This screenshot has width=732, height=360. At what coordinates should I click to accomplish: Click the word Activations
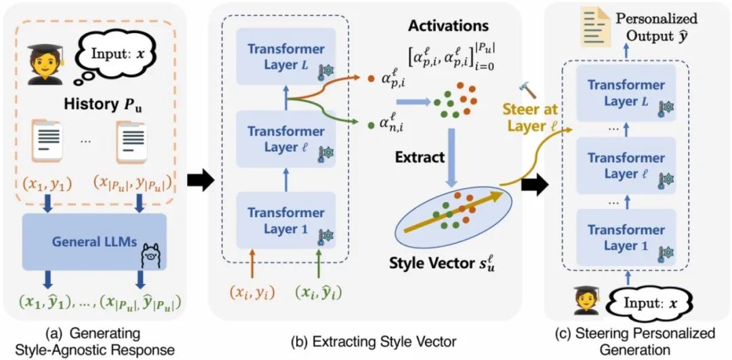447,26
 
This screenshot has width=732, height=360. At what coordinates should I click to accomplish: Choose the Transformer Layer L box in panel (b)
287,57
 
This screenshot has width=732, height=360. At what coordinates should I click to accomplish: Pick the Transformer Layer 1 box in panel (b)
287,219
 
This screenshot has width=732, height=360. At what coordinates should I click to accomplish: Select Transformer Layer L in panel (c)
626,94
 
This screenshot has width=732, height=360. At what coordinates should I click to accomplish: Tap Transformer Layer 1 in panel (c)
626,237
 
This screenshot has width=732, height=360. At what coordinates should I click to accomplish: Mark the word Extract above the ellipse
421,157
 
